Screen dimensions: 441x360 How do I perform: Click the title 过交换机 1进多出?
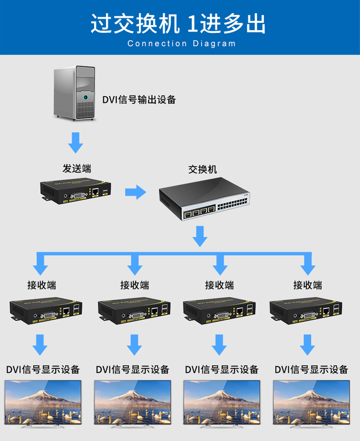(x=178, y=24)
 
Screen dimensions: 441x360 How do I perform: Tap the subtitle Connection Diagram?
(x=181, y=43)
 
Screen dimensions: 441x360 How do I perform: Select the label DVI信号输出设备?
(x=139, y=100)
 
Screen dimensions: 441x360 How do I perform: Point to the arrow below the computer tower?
(x=75, y=142)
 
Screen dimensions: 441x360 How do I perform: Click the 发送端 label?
(x=77, y=168)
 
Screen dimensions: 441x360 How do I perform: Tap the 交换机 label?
(x=202, y=169)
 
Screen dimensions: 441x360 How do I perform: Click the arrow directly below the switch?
(x=200, y=236)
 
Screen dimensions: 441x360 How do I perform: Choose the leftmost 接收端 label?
(x=42, y=285)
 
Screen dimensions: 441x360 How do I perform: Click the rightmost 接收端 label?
(x=308, y=285)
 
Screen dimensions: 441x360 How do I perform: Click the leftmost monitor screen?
(x=43, y=402)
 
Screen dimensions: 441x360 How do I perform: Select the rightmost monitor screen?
(x=311, y=402)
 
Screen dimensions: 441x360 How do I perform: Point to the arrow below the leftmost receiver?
(x=39, y=345)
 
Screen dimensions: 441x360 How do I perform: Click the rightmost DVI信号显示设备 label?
(x=311, y=369)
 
